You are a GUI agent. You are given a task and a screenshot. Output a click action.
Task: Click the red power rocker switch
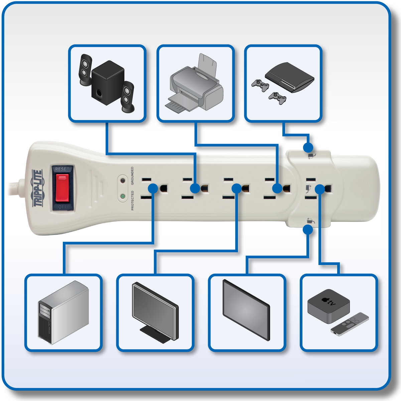62,188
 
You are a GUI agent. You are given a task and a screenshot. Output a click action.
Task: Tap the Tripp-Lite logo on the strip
37,188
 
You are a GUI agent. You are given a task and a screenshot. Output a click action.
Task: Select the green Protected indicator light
123,196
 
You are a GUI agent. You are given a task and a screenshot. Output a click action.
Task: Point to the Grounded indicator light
123,181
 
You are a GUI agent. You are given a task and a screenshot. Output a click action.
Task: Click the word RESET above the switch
62,169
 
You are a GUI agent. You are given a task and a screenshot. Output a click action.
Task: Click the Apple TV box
328,305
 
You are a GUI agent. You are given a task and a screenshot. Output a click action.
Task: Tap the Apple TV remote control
350,323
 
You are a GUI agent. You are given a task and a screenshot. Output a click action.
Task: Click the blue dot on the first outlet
153,188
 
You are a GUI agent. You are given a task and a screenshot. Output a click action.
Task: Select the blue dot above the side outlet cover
308,147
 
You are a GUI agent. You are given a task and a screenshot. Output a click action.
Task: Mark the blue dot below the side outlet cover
308,230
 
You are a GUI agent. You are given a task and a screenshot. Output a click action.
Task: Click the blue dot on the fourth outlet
277,188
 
